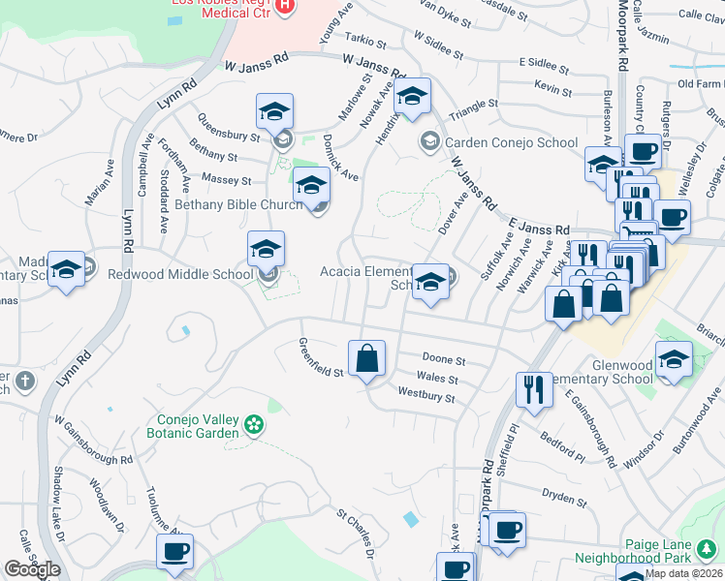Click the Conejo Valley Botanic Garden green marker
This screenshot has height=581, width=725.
point(254,423)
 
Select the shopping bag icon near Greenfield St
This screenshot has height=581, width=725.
point(367,360)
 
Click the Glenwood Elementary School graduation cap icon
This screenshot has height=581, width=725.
point(674,360)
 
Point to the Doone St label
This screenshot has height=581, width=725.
point(444,359)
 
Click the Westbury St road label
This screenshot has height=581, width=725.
point(426,395)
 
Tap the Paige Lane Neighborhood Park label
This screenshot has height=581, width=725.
point(632,550)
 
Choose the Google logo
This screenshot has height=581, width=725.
point(32,569)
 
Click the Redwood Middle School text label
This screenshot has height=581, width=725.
point(181,274)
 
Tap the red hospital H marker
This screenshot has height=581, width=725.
point(284,5)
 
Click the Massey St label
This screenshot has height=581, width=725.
point(226,180)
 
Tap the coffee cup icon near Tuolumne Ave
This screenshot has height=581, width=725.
point(174,553)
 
